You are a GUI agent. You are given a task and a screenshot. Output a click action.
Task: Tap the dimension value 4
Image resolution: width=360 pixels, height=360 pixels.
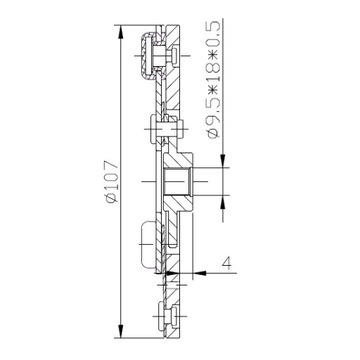point(226,262)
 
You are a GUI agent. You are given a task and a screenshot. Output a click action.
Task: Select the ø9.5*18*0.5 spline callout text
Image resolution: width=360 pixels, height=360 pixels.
point(213,79)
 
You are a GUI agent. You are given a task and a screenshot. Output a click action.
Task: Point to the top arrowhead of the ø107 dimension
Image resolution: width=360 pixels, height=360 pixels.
point(121,33)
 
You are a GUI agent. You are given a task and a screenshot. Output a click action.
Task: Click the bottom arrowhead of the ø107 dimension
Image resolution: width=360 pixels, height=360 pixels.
point(121,330)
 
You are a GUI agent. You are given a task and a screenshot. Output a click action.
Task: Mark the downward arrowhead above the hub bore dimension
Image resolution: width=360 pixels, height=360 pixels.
point(223,160)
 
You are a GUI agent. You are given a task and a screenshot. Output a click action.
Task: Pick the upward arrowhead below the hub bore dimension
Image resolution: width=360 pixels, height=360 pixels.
point(223,202)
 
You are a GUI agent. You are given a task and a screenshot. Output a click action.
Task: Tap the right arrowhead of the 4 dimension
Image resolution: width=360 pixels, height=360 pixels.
point(200,273)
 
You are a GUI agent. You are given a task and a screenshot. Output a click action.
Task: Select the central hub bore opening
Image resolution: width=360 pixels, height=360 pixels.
point(176,182)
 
